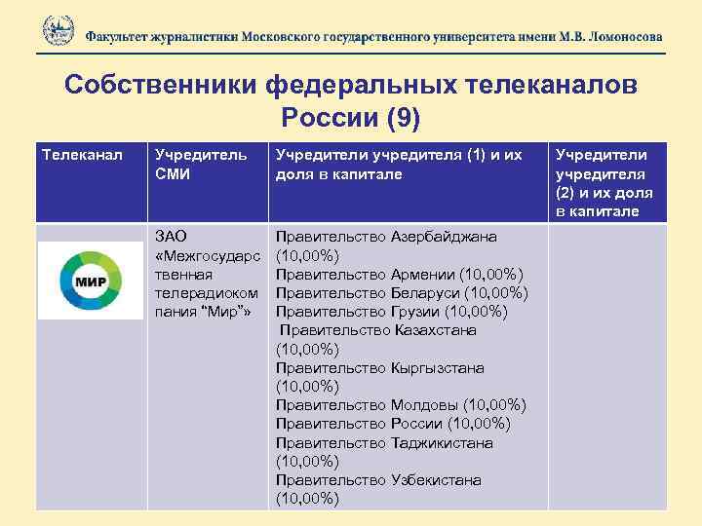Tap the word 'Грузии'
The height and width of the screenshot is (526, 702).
(x=415, y=312)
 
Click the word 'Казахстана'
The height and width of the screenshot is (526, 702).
(x=436, y=330)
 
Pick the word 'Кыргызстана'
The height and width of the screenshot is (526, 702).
(x=438, y=368)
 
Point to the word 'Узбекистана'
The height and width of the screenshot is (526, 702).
(x=437, y=480)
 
